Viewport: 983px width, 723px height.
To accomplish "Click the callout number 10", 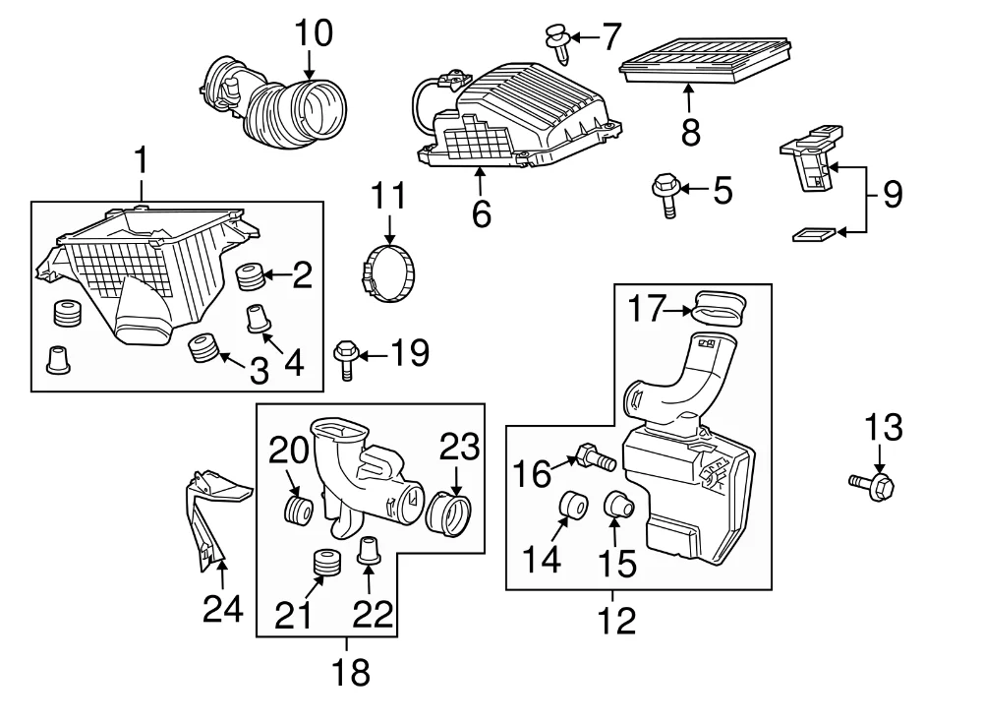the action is click(314, 32).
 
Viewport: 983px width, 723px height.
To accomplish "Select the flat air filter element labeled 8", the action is click(705, 61).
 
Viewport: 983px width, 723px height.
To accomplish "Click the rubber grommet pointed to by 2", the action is click(250, 277).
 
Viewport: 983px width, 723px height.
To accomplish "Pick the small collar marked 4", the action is click(258, 318).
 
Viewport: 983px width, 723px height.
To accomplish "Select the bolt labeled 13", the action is click(872, 485).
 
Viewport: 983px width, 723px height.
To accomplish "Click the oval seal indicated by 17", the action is click(720, 308).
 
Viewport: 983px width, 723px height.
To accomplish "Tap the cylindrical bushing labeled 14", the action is click(572, 506).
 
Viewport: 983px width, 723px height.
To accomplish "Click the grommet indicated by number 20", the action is click(298, 509).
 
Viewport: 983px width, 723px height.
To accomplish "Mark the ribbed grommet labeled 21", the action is click(326, 563).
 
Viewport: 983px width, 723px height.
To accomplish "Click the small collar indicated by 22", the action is click(370, 551).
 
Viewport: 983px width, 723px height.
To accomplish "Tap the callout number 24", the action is click(222, 609).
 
